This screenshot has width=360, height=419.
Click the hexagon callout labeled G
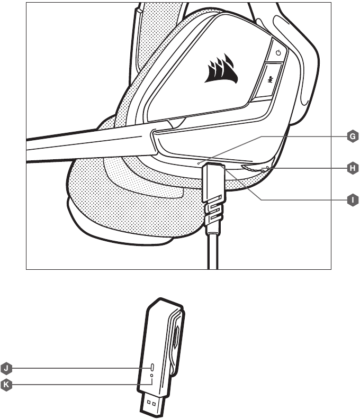(353, 136)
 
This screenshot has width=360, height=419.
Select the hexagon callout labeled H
(353, 168)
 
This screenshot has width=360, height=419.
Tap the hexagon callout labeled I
(353, 200)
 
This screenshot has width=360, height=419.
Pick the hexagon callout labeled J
(6, 368)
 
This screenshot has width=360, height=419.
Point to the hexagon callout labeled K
(6, 385)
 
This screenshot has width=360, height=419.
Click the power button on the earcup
(277, 52)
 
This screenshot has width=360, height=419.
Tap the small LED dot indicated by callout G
(198, 163)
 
